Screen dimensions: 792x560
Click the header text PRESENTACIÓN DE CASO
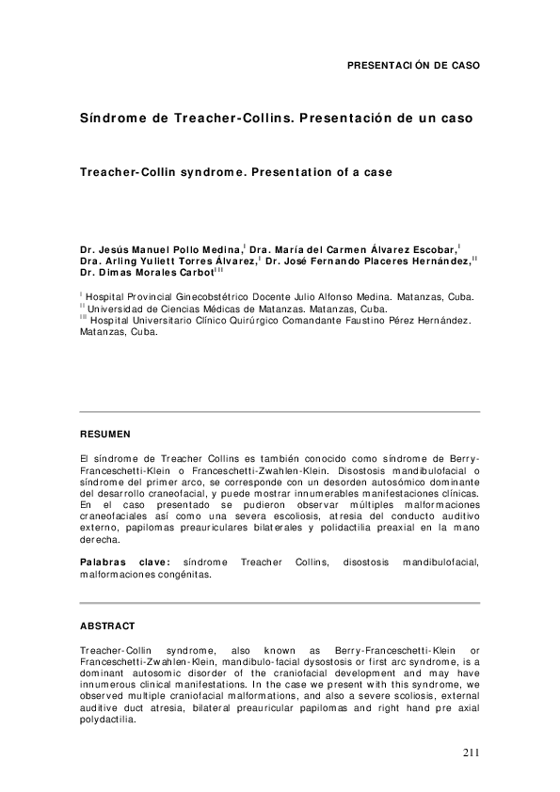[413, 66]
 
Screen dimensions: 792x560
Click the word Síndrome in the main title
[111, 119]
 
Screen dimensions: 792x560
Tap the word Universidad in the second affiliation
[119, 309]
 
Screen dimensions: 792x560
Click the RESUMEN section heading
[105, 434]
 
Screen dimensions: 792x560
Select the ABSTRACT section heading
[107, 626]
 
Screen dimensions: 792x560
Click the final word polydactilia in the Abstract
[108, 722]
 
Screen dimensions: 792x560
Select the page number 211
[472, 752]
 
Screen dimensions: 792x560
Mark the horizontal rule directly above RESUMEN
[280, 411]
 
